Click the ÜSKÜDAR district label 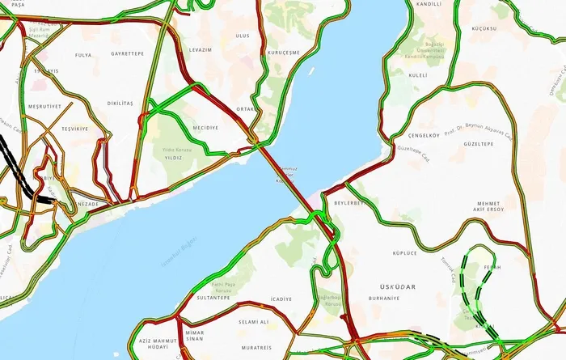(x=396, y=286)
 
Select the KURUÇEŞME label (x=283, y=53)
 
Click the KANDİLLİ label (x=428, y=4)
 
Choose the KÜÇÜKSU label (x=482, y=28)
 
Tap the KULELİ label (x=418, y=75)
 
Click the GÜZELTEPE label (x=478, y=144)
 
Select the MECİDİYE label (x=205, y=128)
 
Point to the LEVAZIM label (x=200, y=50)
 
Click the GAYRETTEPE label (x=128, y=53)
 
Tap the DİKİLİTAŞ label (x=120, y=104)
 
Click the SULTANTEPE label (x=214, y=299)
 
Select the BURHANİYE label (x=384, y=299)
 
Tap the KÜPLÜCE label (x=404, y=253)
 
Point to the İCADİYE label (x=281, y=299)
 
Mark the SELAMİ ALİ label (x=253, y=321)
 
